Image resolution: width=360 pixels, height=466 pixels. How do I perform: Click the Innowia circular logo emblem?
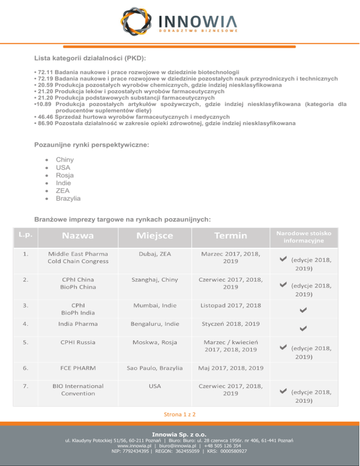click(137, 22)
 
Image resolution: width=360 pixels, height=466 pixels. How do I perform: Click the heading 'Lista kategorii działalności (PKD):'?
click(90, 58)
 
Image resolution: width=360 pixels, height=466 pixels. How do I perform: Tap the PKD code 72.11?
click(46, 73)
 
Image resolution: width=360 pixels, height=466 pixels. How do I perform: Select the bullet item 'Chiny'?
click(65, 160)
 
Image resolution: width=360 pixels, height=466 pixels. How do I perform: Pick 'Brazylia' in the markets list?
click(68, 198)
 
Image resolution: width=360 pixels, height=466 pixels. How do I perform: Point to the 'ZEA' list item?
click(63, 191)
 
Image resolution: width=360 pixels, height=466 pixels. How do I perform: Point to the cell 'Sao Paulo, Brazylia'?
click(155, 368)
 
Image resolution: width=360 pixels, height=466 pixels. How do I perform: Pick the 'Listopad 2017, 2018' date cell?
click(231, 306)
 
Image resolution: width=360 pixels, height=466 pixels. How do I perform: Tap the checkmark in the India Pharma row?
click(304, 330)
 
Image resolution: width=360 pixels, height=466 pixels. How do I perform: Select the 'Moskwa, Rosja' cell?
click(155, 342)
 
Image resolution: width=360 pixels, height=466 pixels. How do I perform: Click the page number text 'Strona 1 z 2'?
click(180, 414)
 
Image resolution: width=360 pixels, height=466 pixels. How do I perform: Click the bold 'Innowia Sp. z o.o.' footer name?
click(180, 435)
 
